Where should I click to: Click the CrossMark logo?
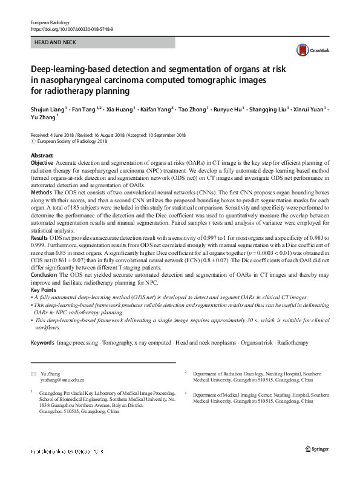[x=308, y=50]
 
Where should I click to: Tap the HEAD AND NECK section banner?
[x=102, y=42]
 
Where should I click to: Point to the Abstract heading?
[x=42, y=156]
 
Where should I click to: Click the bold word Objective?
[x=42, y=164]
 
